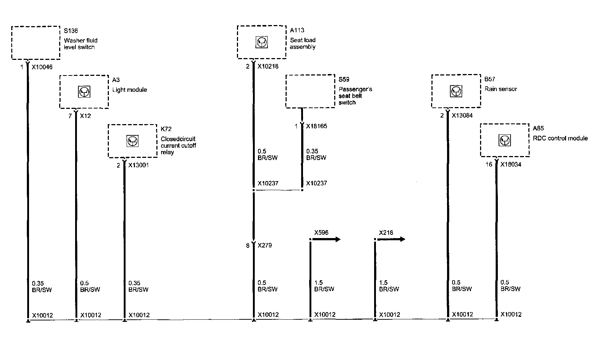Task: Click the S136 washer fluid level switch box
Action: pyautogui.click(x=36, y=42)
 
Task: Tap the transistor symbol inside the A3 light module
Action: pyautogui.click(x=84, y=92)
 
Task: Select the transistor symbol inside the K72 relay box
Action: pyautogui.click(x=132, y=141)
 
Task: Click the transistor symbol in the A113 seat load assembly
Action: pyautogui.click(x=261, y=42)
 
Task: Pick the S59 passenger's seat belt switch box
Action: pyautogui.click(x=310, y=91)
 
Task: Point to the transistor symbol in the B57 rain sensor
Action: pyautogui.click(x=456, y=91)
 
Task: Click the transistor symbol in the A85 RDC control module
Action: pyautogui.click(x=504, y=140)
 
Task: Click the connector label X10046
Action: pyautogui.click(x=42, y=67)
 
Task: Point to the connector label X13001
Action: pyautogui.click(x=139, y=165)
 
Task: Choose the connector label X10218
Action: pyautogui.click(x=268, y=67)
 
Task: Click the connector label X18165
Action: pyautogui.click(x=316, y=126)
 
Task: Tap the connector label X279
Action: pyautogui.click(x=265, y=245)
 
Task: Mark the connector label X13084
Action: pyautogui.click(x=462, y=116)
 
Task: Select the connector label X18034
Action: pyautogui.click(x=511, y=164)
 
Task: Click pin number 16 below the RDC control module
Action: pyautogui.click(x=489, y=165)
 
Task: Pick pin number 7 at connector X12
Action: pyautogui.click(x=70, y=116)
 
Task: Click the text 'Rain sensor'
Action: pyautogui.click(x=500, y=89)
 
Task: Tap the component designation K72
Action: pyautogui.click(x=166, y=129)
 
